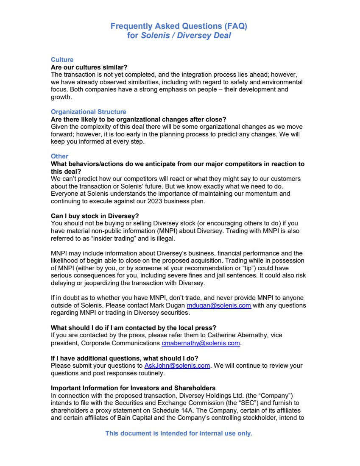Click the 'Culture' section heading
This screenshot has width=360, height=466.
[x=62, y=60]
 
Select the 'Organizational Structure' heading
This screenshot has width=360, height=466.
[x=88, y=112]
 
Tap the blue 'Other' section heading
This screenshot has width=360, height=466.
[x=59, y=156]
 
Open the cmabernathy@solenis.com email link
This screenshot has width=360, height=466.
[x=201, y=343]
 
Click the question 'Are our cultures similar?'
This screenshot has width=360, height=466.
[x=89, y=67]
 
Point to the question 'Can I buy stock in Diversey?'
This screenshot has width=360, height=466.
[x=95, y=216]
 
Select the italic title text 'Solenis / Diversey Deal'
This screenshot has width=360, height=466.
[x=186, y=36]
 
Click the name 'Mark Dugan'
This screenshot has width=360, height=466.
[x=168, y=305]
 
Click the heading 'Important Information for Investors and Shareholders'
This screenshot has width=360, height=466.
[x=133, y=388]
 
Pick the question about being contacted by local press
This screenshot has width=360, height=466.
[x=134, y=327]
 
